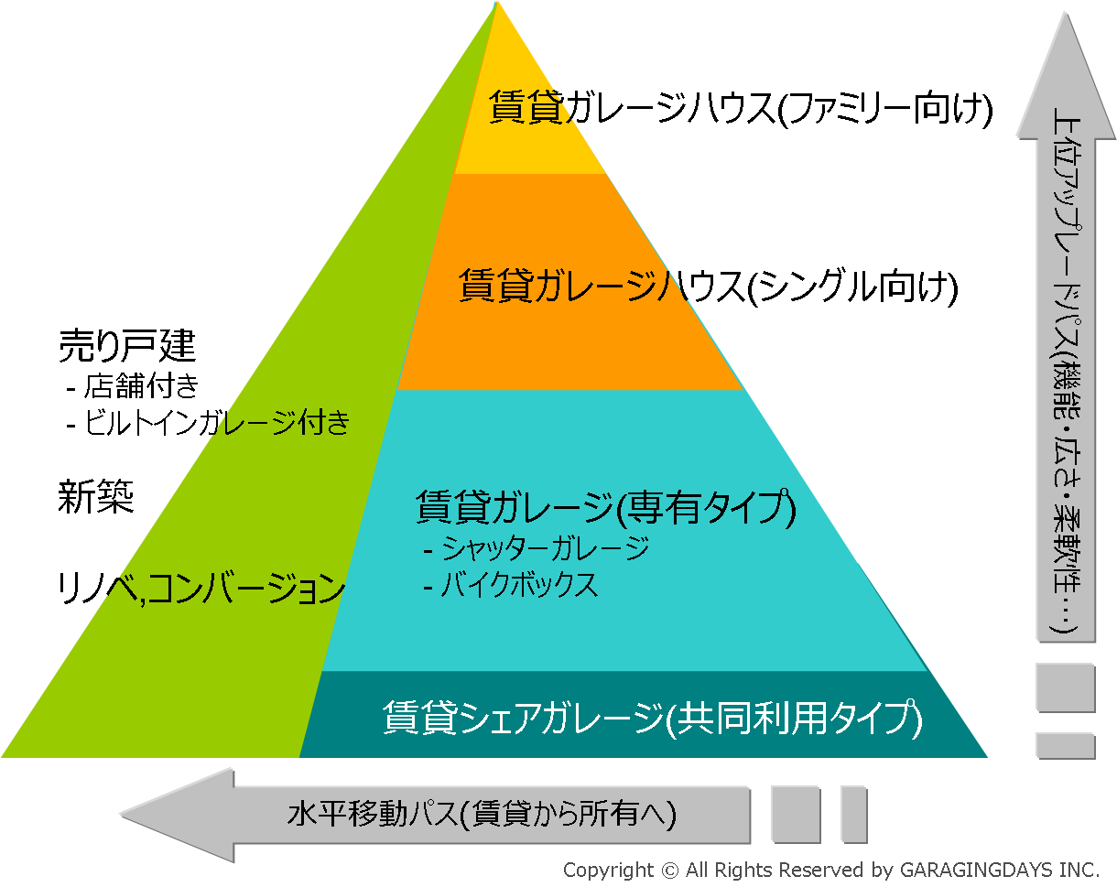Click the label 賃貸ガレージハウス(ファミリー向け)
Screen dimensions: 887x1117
741,109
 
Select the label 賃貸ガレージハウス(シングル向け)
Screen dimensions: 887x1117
708,287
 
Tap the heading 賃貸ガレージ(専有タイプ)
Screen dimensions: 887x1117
605,507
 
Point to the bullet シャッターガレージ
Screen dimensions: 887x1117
537,549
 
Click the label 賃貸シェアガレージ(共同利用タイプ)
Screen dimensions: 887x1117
652,718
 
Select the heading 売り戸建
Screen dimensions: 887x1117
127,345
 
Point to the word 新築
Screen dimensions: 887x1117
96,498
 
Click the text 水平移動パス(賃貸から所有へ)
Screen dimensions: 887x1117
482,814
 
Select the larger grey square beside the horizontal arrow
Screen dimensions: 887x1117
795,814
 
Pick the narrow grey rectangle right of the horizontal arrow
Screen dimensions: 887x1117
853,814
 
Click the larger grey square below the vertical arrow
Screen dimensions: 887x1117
1065,687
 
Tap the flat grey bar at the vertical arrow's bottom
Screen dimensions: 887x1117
1065,744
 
